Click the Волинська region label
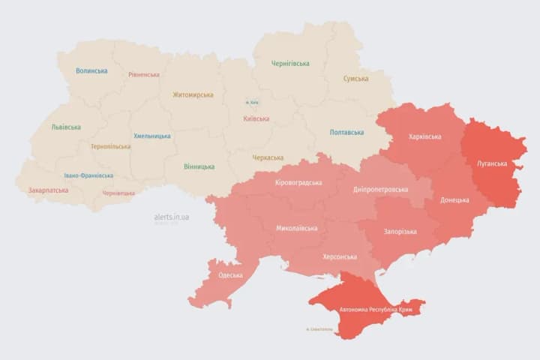(91, 71)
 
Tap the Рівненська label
(143, 75)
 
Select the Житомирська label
(193, 95)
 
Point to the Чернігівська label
(290, 64)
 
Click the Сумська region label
(355, 79)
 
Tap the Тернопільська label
(110, 147)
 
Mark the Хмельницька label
(152, 136)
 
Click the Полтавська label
(347, 133)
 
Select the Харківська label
(425, 137)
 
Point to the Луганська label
(491, 163)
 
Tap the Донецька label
(454, 200)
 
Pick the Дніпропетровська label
(380, 190)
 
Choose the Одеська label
(230, 275)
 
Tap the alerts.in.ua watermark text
(172, 217)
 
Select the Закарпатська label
(48, 190)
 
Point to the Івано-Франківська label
(88, 175)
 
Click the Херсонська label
(339, 256)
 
